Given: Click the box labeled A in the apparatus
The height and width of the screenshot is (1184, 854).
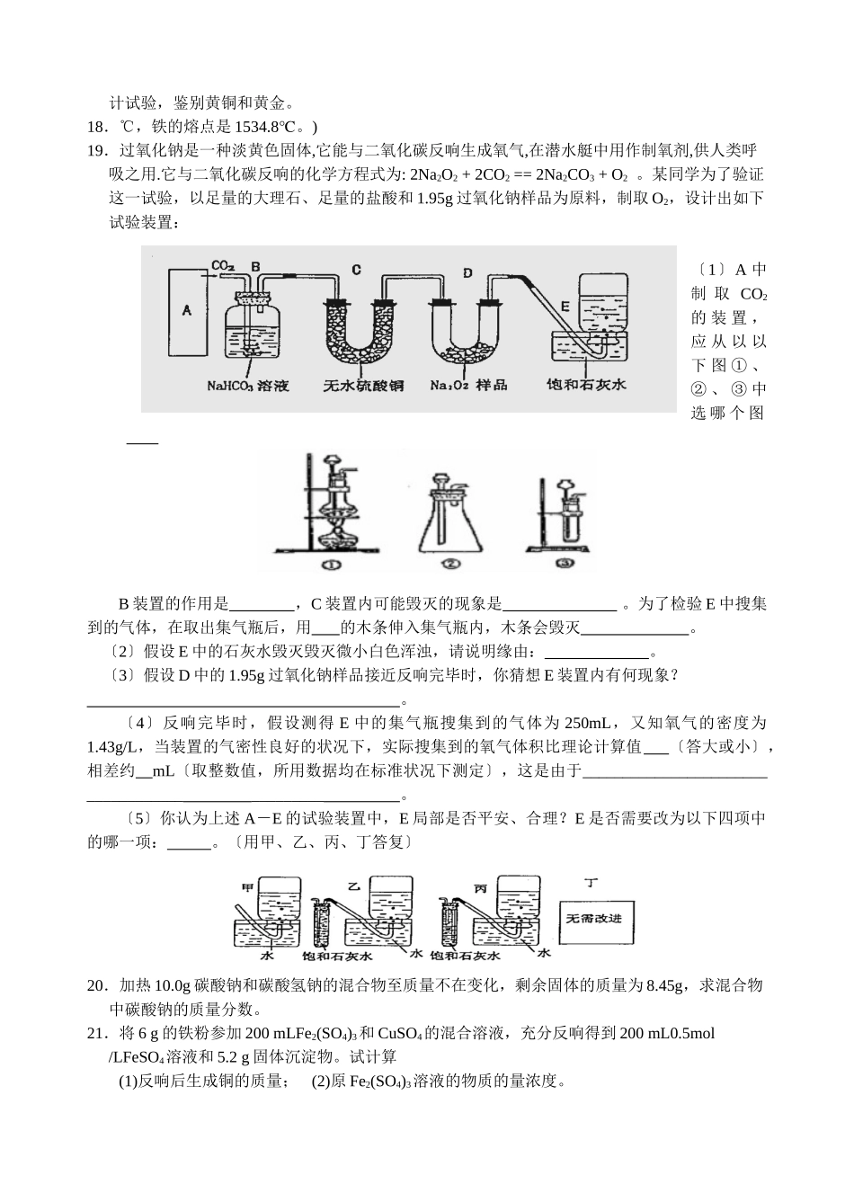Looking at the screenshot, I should [188, 310].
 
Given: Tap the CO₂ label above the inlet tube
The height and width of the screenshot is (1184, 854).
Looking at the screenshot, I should [223, 266].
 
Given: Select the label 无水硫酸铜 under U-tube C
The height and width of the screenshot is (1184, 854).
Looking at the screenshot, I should [363, 385].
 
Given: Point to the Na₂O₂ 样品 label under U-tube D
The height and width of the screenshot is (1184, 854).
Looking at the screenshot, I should [468, 385].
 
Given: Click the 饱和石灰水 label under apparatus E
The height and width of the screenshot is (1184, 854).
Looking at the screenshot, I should [586, 385].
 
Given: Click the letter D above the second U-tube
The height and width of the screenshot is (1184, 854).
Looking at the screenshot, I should [467, 271].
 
